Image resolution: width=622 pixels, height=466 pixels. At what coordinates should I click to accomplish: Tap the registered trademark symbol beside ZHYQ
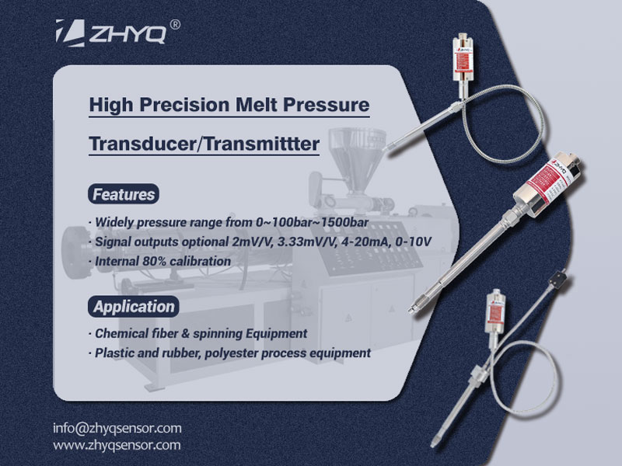point(175,24)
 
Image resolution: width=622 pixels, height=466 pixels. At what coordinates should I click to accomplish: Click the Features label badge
point(123,194)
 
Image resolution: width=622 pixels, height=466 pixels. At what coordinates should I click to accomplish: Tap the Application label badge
point(134,306)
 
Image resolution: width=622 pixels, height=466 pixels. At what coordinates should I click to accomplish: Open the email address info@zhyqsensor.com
point(117,428)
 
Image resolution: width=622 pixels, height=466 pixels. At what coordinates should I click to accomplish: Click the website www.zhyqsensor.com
point(117,445)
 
